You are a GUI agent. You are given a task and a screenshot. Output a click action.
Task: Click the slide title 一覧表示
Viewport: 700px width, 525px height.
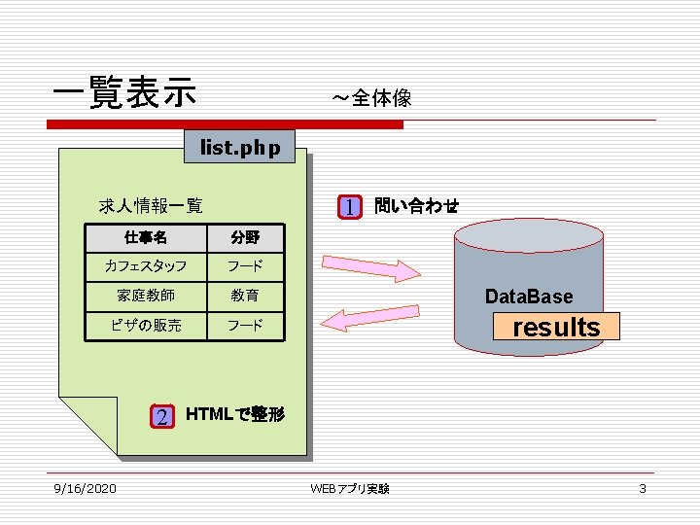tap(124, 93)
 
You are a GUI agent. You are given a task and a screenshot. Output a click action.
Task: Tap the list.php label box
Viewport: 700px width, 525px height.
tap(240, 148)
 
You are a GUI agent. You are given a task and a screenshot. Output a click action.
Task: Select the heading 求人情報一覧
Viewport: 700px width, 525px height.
tap(151, 205)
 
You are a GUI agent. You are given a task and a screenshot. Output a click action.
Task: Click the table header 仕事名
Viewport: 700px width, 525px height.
tap(146, 237)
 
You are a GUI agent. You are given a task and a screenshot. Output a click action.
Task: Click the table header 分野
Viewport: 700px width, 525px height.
tap(245, 237)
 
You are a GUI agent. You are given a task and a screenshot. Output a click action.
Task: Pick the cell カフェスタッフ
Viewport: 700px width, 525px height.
tap(146, 266)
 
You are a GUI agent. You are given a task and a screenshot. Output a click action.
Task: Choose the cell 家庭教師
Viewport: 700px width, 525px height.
tap(146, 296)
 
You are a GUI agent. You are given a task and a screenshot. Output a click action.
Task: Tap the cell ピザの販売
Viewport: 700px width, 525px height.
tap(146, 325)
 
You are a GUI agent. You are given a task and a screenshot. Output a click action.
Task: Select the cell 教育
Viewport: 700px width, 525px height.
tap(245, 296)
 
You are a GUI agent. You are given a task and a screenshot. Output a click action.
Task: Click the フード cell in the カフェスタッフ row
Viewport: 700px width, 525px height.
tap(245, 266)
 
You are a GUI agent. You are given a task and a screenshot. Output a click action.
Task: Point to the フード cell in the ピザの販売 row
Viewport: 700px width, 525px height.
tap(245, 325)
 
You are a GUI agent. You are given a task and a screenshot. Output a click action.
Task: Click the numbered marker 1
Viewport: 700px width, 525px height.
tap(350, 206)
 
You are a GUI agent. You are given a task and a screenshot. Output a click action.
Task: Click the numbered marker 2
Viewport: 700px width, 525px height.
tap(162, 416)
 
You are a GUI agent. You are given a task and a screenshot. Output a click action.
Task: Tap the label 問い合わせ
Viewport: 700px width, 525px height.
tap(416, 205)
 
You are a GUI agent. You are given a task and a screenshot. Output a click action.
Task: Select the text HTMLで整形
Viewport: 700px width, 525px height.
tap(234, 414)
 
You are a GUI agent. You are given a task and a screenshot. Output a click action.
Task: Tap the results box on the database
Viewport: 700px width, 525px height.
tap(556, 327)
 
